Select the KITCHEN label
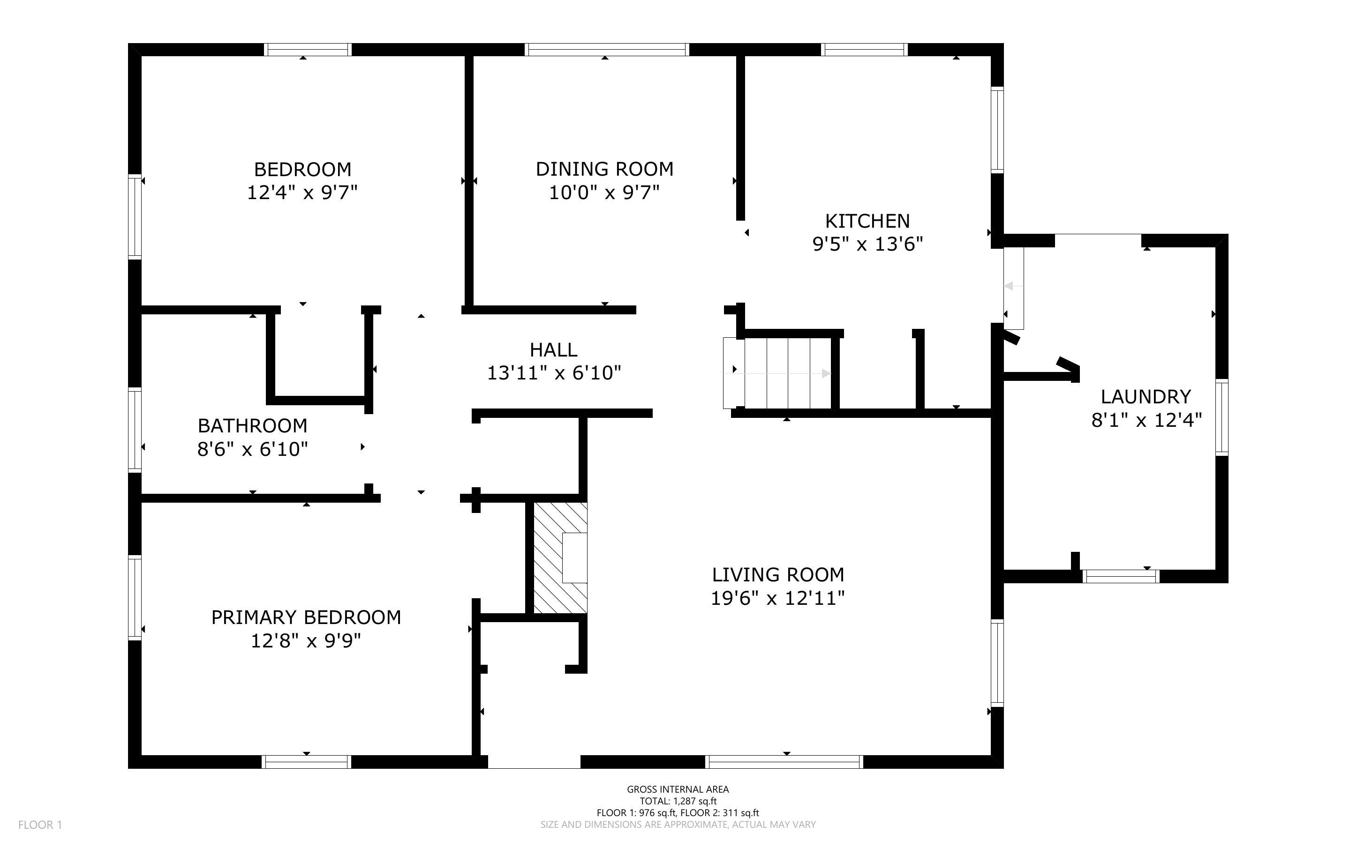pyautogui.click(x=867, y=221)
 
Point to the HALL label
pyautogui.click(x=553, y=350)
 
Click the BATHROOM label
pyautogui.click(x=252, y=426)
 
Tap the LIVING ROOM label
pyautogui.click(x=777, y=575)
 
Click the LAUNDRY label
pyautogui.click(x=1145, y=397)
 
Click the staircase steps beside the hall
pyautogui.click(x=788, y=373)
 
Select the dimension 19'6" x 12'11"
pyautogui.click(x=777, y=598)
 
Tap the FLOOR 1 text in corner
pyautogui.click(x=40, y=825)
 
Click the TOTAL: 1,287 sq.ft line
pyautogui.click(x=678, y=801)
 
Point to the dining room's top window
pyautogui.click(x=606, y=50)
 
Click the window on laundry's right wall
pyautogui.click(x=1221, y=417)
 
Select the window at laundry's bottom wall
pyautogui.click(x=1120, y=576)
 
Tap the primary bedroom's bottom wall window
pyautogui.click(x=306, y=761)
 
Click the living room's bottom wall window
pyautogui.click(x=783, y=761)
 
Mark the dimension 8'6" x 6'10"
pyautogui.click(x=252, y=449)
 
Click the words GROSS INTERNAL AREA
pyautogui.click(x=678, y=789)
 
